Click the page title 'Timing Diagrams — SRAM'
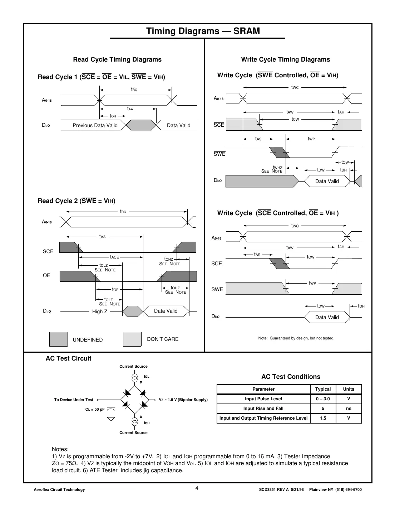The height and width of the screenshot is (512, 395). (x=203, y=31)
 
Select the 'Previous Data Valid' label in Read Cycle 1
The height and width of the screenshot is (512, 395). (x=95, y=125)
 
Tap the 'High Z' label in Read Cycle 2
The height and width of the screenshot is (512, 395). (x=100, y=311)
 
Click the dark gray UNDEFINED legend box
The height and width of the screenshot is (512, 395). (x=58, y=339)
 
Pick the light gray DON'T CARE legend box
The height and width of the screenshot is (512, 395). (x=132, y=339)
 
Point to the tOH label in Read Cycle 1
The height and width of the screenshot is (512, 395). (x=113, y=116)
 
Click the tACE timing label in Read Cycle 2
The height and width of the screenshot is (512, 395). (x=114, y=257)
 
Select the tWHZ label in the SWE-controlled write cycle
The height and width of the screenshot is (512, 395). (x=277, y=167)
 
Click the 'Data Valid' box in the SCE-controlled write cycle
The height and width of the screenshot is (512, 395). (x=327, y=317)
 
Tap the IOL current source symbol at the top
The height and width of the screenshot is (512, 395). (x=134, y=378)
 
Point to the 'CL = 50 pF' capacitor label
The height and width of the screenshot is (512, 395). (x=95, y=409)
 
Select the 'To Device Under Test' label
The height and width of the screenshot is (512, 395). (x=74, y=400)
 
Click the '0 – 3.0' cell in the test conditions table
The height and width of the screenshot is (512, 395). (x=323, y=399)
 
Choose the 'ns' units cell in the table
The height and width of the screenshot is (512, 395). (x=349, y=409)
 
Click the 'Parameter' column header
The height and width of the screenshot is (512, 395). (x=263, y=389)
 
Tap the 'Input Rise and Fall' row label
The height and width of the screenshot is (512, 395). (x=263, y=409)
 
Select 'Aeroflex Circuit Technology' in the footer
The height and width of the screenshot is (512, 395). (x=59, y=490)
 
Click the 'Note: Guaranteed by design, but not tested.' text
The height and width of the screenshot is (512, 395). (x=296, y=338)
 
